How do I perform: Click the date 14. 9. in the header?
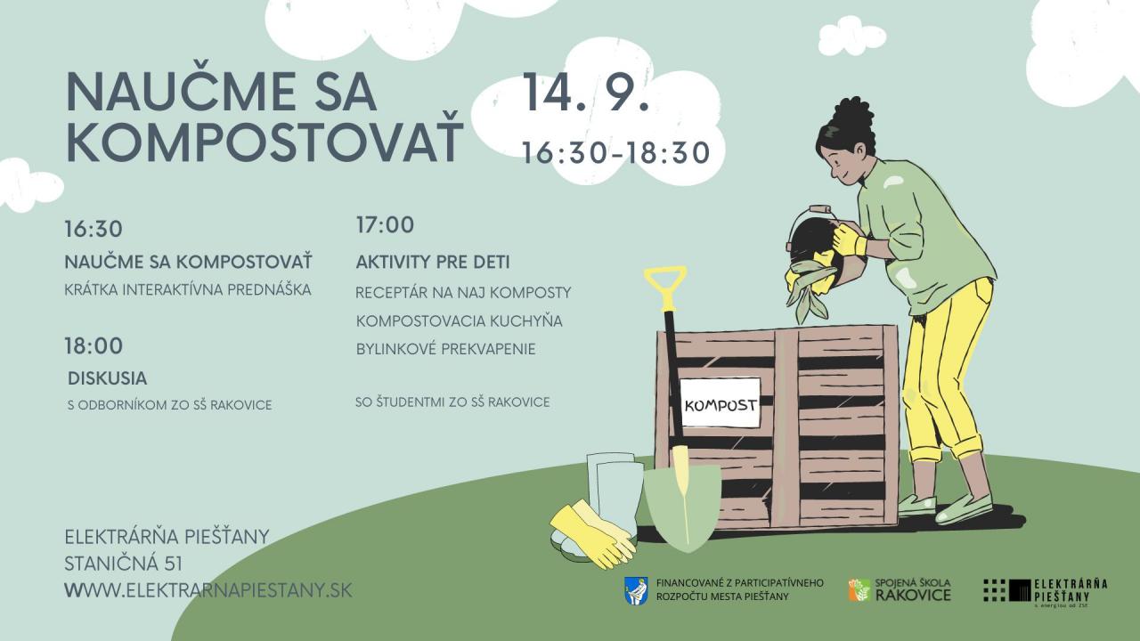pos(586,92)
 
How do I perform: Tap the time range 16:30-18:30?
pos(616,152)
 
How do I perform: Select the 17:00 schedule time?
pos(386,225)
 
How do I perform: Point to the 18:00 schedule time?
pos(94,346)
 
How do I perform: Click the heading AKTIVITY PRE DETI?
pos(433,263)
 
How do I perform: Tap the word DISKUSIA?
pos(108,378)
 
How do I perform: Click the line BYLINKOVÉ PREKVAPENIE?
pos(446,349)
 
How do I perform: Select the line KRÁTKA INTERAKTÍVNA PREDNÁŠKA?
pos(188,289)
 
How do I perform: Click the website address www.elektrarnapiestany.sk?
pos(208,590)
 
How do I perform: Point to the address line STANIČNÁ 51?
pos(123,564)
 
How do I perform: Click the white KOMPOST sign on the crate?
pos(721,402)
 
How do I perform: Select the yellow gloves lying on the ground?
pos(593,535)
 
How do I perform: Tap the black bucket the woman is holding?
pos(810,239)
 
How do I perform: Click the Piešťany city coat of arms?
pos(636,590)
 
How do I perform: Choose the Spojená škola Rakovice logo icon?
pos(859,590)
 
